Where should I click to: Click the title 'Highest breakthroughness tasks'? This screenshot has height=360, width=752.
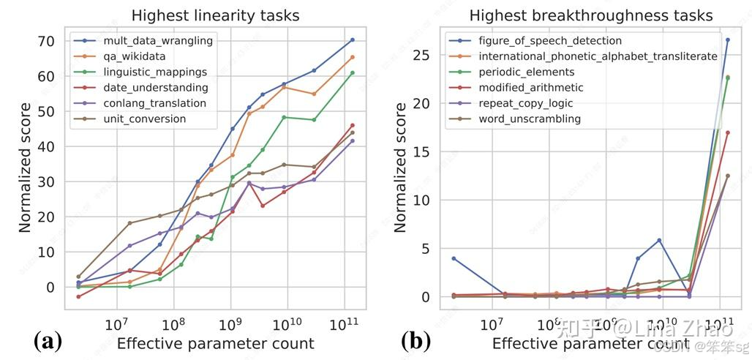[590, 15]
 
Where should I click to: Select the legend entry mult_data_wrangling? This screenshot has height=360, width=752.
[157, 41]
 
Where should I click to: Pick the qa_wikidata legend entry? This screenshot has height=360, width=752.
[136, 56]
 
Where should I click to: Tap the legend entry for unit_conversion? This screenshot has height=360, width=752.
[144, 119]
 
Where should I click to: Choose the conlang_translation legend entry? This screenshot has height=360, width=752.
[154, 103]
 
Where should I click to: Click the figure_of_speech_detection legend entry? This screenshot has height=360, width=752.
[549, 41]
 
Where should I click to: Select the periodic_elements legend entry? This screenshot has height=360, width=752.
[526, 72]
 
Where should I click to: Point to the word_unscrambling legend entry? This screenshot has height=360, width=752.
[530, 119]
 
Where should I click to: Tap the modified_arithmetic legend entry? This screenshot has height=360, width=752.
[532, 88]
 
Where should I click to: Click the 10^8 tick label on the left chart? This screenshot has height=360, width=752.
[173, 323]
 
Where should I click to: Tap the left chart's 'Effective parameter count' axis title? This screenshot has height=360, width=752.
[215, 344]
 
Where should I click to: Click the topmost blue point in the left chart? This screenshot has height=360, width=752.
[352, 40]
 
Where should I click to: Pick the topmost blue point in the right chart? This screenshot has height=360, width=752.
[727, 40]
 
